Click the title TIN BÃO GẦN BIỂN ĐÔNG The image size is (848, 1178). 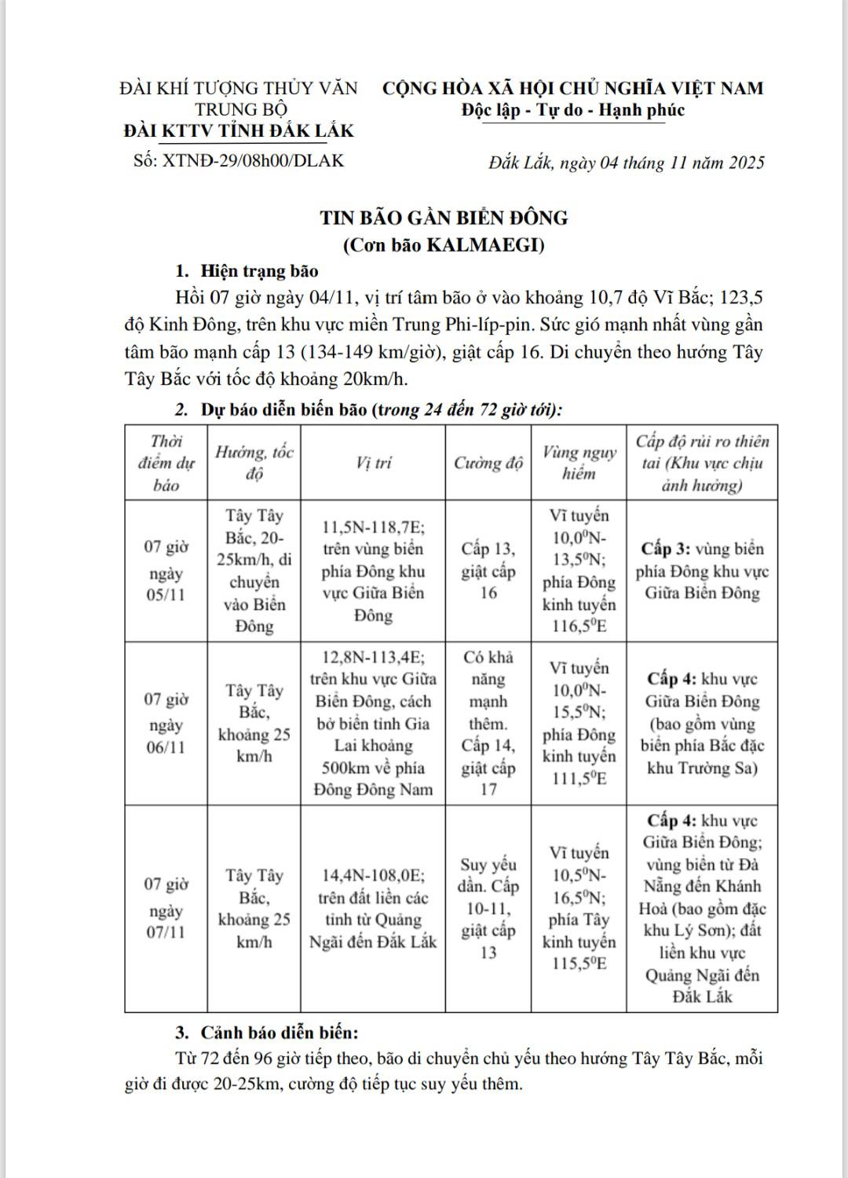point(444,218)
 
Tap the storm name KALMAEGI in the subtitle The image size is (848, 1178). point(484,244)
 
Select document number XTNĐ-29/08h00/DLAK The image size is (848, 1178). point(239,161)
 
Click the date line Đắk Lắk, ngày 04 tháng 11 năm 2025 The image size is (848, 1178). point(626,163)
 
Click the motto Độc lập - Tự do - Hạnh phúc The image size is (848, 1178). point(573,110)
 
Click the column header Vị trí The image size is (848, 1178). point(373,463)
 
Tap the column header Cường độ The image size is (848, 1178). point(488,463)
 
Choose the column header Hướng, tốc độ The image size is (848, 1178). point(254,463)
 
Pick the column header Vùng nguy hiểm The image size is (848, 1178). point(579,463)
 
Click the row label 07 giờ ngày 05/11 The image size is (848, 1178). point(166,571)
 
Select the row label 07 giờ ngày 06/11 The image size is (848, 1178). point(166,723)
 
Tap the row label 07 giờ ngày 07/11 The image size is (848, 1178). point(166,908)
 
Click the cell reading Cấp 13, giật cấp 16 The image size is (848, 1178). point(488,571)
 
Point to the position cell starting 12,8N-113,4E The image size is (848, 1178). point(373,723)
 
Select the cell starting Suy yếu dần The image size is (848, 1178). point(488,908)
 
